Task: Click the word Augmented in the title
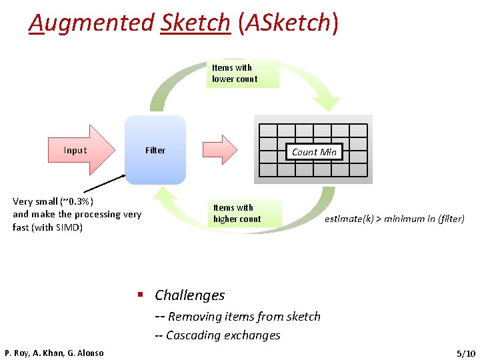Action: tap(91, 23)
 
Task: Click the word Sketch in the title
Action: tap(195, 23)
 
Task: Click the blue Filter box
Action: tap(155, 150)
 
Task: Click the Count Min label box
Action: tap(314, 152)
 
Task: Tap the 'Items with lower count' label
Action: tap(235, 73)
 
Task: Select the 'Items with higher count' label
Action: tap(237, 213)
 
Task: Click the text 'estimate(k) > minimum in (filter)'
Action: tap(395, 219)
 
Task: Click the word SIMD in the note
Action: tap(69, 227)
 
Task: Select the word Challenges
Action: tap(190, 295)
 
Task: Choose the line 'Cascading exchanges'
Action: tap(223, 335)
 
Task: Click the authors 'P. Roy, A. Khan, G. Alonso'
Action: tap(54, 353)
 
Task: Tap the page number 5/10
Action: tap(465, 353)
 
